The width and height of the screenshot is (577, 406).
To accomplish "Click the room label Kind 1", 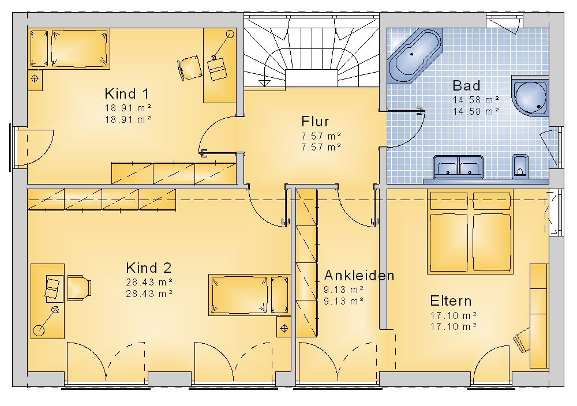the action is (127, 94).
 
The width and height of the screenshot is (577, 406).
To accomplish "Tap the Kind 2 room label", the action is (149, 268).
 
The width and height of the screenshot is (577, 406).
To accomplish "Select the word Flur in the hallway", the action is (315, 121).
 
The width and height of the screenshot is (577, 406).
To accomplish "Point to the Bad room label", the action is (466, 86).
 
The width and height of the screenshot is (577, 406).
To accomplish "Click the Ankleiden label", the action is (359, 276).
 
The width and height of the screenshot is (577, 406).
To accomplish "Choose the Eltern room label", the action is (451, 301).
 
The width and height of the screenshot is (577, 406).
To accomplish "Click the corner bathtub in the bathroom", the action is (415, 55).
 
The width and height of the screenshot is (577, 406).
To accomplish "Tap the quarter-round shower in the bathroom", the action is (530, 96).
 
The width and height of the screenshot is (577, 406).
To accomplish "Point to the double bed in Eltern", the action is (470, 232).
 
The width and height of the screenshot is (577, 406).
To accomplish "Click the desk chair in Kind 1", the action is (190, 67).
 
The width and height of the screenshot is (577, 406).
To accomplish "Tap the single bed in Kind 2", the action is (249, 295).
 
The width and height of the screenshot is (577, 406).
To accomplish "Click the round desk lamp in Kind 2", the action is (39, 330).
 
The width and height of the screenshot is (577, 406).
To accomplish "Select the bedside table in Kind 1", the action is (35, 80).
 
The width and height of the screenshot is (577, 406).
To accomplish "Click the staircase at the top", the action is (312, 52).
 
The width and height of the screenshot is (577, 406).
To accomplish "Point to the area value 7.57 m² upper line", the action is (321, 136).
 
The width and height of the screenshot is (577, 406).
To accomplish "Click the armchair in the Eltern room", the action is (522, 340).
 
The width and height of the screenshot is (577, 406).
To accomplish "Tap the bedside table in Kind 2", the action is (284, 328).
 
